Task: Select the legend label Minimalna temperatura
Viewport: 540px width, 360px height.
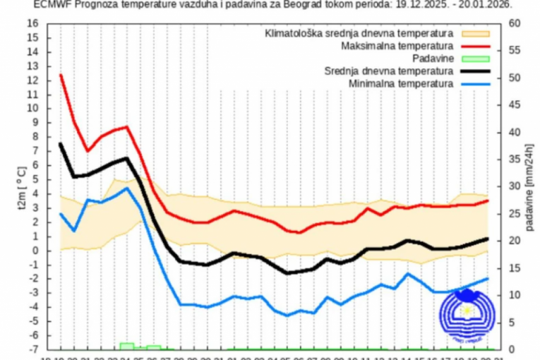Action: [x=400, y=84]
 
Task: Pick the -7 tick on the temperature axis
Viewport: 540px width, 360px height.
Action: [x=32, y=349]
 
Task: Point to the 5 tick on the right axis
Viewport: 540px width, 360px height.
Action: [x=511, y=323]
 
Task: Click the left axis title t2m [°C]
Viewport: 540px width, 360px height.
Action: [x=20, y=186]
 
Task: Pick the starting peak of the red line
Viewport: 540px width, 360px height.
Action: [x=61, y=75]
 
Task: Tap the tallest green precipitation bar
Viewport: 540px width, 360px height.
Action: [x=126, y=345]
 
